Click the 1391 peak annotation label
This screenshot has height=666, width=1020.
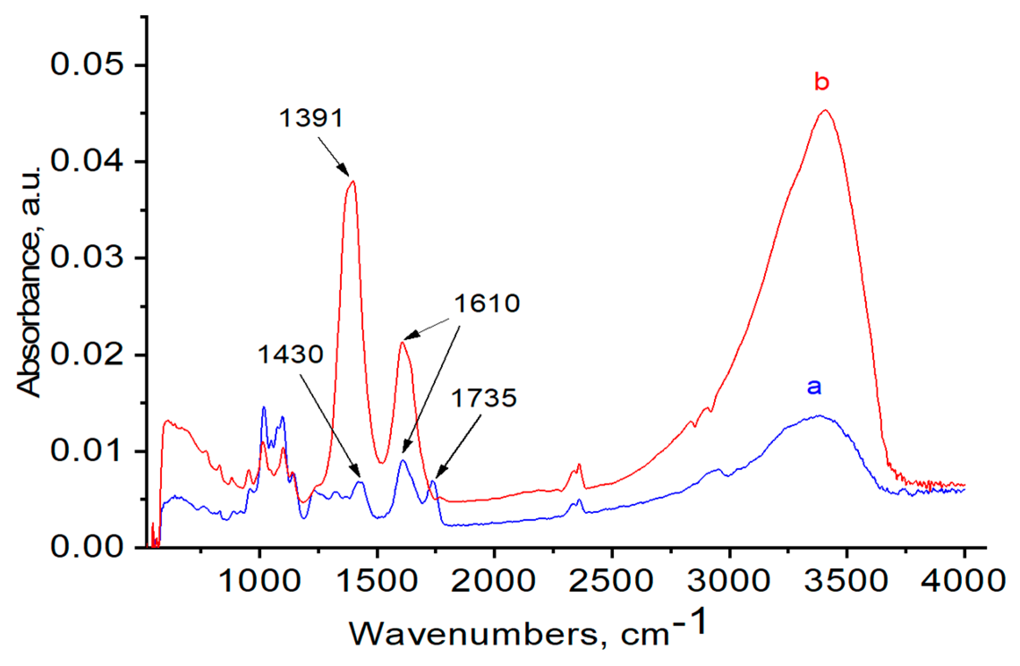click(311, 118)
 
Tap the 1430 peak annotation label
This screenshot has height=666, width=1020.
click(290, 355)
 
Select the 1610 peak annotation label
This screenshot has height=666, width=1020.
click(487, 303)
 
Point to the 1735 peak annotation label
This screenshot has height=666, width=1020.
click(484, 398)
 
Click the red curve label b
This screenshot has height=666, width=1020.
click(822, 82)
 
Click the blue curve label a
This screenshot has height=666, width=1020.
click(814, 386)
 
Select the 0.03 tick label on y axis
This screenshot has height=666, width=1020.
click(87, 258)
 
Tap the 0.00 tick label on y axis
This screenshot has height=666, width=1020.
click(87, 547)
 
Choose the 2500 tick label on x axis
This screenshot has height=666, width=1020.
click(611, 581)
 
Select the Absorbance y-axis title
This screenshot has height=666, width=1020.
click(29, 282)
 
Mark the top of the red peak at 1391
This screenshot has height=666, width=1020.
click(353, 181)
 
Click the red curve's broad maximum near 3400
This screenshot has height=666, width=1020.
click(824, 110)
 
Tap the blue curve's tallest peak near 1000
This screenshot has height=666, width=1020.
click(264, 407)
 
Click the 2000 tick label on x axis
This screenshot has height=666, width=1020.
click(493, 581)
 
